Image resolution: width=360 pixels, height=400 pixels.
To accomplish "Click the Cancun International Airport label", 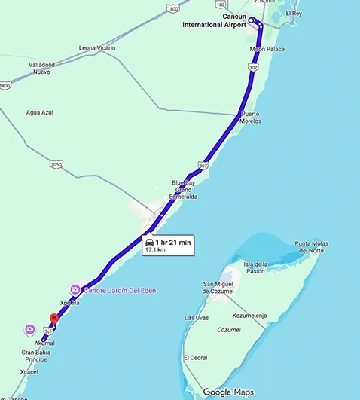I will [x=215, y=20].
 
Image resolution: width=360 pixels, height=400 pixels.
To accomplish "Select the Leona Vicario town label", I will [x=97, y=47].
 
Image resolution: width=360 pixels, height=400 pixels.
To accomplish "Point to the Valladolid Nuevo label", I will [x=50, y=69].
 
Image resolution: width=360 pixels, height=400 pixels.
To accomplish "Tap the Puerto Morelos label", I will [x=251, y=117].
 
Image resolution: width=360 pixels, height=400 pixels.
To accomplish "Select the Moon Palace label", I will [x=267, y=50].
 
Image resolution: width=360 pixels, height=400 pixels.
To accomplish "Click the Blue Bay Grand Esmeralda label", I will [x=183, y=189].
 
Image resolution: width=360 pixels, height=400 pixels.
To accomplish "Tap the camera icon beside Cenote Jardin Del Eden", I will [x=75, y=289].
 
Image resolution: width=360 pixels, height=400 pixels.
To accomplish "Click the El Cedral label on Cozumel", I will [x=196, y=357].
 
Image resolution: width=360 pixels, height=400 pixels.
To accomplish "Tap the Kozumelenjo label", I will [x=250, y=315].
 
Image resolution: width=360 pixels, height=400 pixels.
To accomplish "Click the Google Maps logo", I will [x=227, y=392].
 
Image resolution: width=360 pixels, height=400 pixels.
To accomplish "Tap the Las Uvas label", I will [x=197, y=318].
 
